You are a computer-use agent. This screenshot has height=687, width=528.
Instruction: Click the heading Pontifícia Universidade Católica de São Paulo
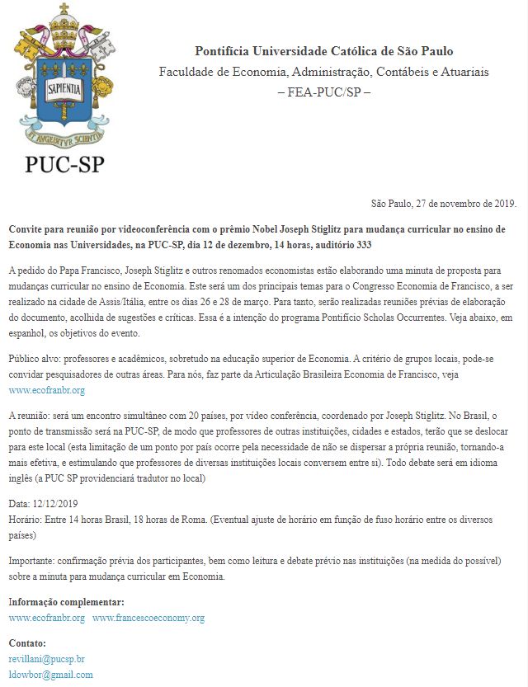[x=323, y=51]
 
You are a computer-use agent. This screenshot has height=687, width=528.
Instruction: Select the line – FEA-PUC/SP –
[x=323, y=92]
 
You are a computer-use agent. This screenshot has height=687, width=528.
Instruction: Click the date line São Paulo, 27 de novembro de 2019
[x=443, y=204]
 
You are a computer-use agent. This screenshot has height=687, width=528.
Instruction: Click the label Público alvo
[x=36, y=360]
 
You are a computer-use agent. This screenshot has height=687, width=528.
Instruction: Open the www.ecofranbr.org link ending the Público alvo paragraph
[x=46, y=389]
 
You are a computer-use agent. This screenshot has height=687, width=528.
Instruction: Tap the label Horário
[x=26, y=516]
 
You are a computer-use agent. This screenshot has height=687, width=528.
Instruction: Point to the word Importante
[x=34, y=561]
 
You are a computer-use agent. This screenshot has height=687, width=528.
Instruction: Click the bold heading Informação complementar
[x=66, y=601]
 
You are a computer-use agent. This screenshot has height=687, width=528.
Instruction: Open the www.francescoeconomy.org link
[x=148, y=617]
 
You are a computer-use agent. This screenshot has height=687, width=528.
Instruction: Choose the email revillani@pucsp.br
[x=46, y=659]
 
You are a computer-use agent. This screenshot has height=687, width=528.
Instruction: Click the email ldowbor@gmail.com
[x=50, y=674]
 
